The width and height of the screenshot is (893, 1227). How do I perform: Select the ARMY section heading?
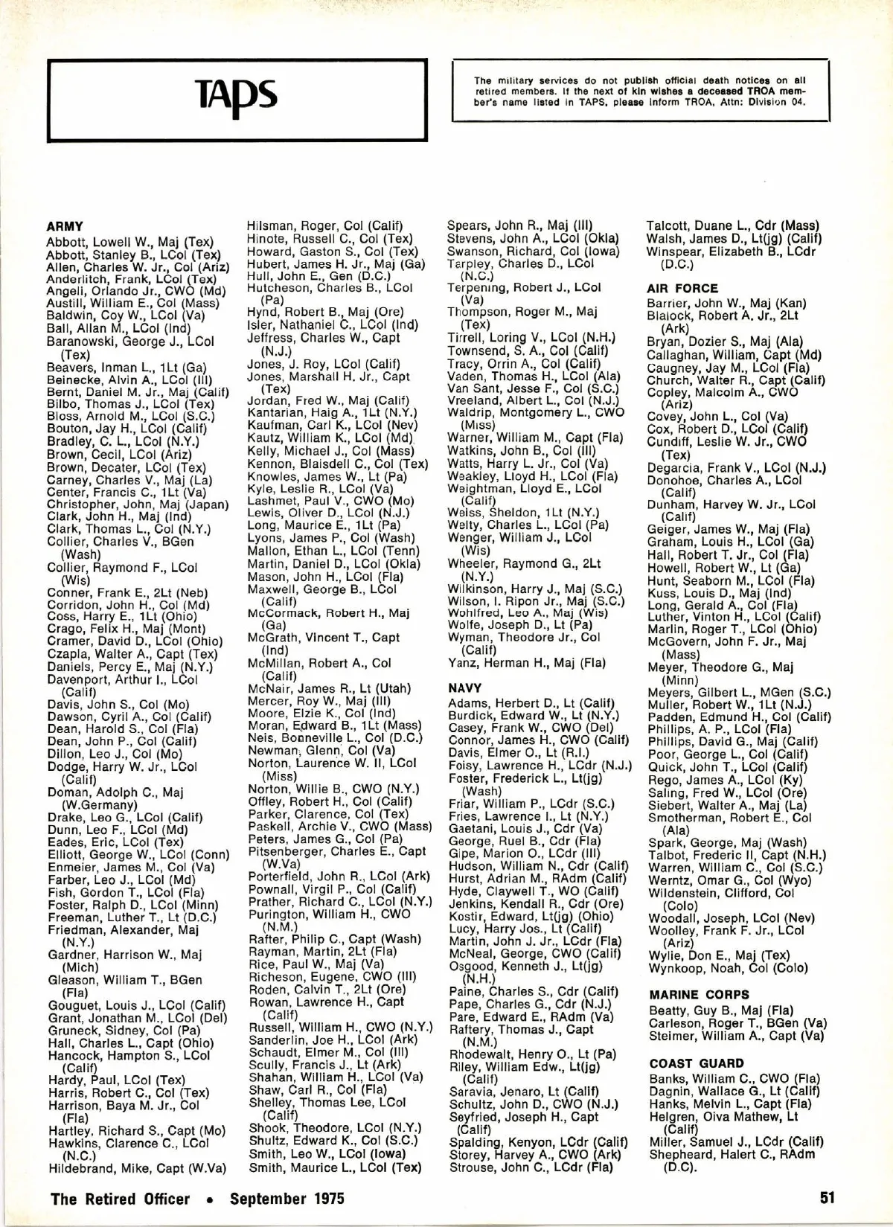coord(65,226)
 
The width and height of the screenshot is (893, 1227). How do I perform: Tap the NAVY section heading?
coord(465,688)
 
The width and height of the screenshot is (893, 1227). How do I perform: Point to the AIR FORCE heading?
coord(682,289)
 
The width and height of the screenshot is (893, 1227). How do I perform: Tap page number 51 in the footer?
coord(828,1198)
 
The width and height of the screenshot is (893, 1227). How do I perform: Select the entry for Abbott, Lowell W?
coord(129,242)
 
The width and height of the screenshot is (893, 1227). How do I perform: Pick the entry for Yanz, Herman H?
coord(527,663)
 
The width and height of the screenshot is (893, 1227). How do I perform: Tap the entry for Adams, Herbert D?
coord(531,703)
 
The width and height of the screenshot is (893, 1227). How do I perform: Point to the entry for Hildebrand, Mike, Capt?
coord(138,1168)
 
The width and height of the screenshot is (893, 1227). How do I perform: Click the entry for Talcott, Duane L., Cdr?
coord(733,225)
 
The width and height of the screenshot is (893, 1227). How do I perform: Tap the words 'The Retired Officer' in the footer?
coord(120,1199)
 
